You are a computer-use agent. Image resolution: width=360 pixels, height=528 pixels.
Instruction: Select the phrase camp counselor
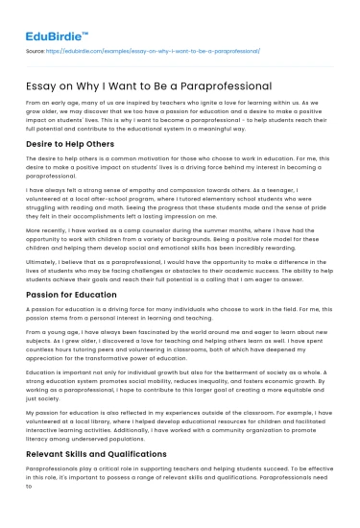tap(141, 231)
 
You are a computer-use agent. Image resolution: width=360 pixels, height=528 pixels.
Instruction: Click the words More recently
tap(49, 231)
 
